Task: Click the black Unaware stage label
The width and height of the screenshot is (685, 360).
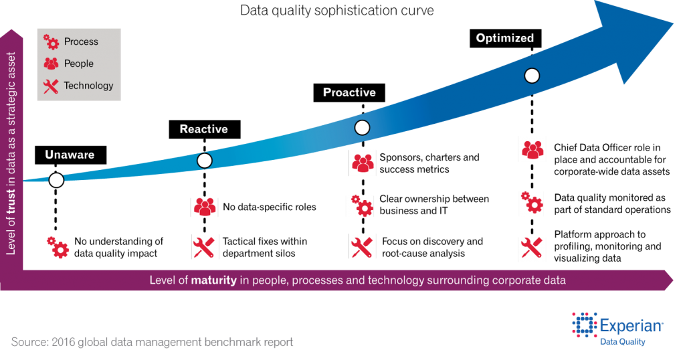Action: pyautogui.click(x=70, y=155)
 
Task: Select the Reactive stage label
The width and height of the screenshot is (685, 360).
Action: pyautogui.click(x=205, y=129)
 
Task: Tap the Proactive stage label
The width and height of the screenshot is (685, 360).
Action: pyautogui.click(x=349, y=92)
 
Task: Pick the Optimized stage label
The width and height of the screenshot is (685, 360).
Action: pyautogui.click(x=505, y=38)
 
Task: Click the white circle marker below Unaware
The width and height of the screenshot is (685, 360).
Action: pyautogui.click(x=56, y=180)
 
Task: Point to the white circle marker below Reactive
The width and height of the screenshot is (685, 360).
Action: pyautogui.click(x=205, y=161)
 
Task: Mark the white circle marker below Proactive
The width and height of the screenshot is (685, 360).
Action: pyautogui.click(x=362, y=128)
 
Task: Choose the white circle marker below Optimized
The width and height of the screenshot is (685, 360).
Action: pyautogui.click(x=532, y=76)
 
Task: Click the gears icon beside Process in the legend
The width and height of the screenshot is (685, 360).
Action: pyautogui.click(x=51, y=41)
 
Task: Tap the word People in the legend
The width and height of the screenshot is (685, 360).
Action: pyautogui.click(x=79, y=64)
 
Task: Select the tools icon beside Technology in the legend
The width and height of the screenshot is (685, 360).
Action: pyautogui.click(x=51, y=86)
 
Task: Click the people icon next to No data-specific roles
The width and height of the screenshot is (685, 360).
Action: pyautogui.click(x=205, y=207)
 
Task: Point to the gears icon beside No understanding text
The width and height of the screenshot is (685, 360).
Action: pyautogui.click(x=58, y=248)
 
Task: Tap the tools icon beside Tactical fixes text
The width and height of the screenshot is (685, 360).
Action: pyautogui.click(x=203, y=248)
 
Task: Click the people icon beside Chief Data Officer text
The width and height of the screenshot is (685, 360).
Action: pyautogui.click(x=533, y=150)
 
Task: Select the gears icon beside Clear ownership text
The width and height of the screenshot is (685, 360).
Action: pyautogui.click(x=362, y=205)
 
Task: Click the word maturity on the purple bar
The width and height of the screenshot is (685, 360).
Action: pyautogui.click(x=213, y=280)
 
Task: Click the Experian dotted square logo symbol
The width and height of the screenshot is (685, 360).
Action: pyautogui.click(x=585, y=325)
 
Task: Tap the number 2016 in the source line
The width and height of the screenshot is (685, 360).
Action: pyautogui.click(x=64, y=342)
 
